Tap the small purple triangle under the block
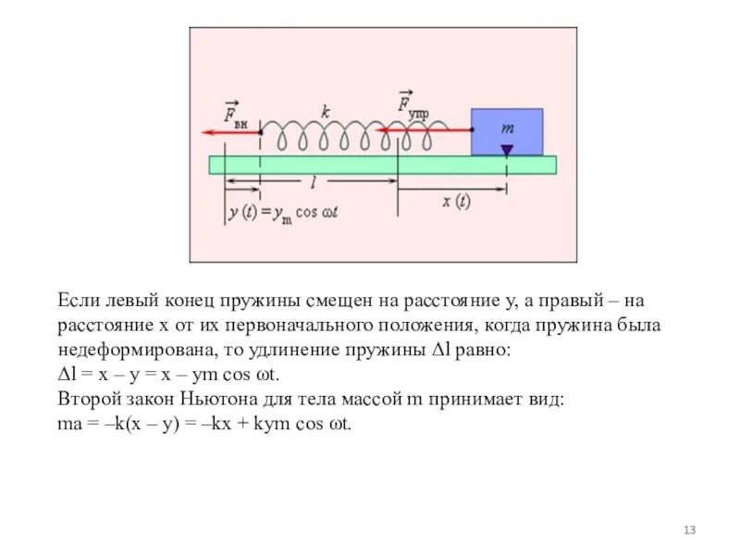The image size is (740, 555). coord(507,150)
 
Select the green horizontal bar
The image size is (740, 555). coord(382,165)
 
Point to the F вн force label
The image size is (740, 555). coord(235,114)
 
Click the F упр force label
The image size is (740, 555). coord(412,105)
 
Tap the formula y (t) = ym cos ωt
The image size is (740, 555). coord(287,213)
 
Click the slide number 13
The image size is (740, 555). coord(688,530)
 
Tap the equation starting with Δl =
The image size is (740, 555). coord(174,376)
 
